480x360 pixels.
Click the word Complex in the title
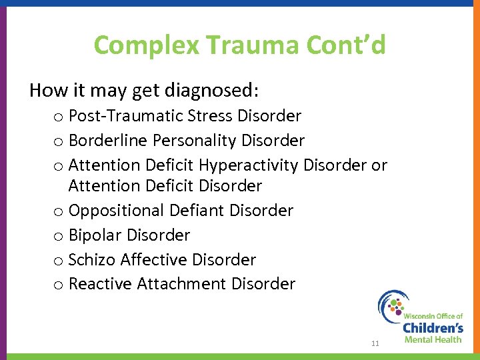pos(147,45)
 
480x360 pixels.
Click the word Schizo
pos(92,259)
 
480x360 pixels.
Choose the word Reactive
pos(101,284)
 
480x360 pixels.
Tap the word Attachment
pos(182,284)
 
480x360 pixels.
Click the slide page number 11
pos(375,343)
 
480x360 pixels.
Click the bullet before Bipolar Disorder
pos(59,237)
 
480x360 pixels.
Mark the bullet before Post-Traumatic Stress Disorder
pos(59,117)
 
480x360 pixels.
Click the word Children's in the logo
pos(433,327)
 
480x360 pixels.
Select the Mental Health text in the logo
pos(433,339)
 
